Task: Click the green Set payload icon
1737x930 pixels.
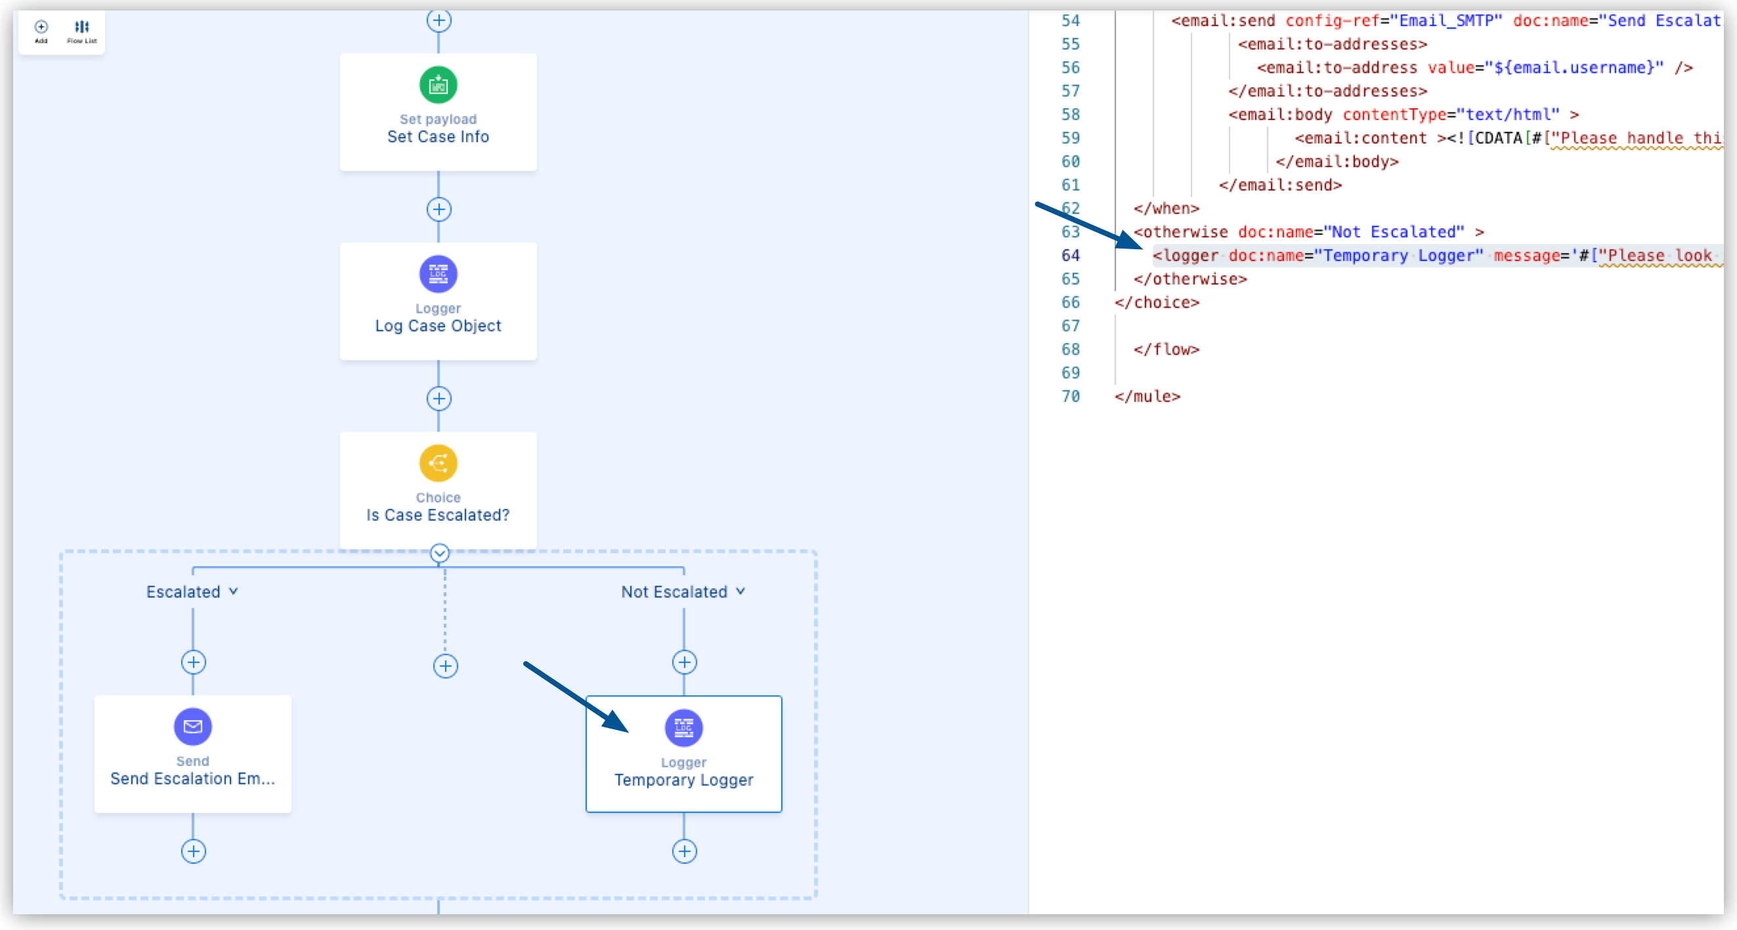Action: [x=439, y=85]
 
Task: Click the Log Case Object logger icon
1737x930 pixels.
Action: [x=439, y=273]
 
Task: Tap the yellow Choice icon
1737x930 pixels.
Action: [x=439, y=463]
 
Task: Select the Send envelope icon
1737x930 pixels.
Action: [x=193, y=727]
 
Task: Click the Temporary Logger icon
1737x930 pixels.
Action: [x=684, y=728]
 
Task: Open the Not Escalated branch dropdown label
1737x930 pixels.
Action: [x=683, y=592]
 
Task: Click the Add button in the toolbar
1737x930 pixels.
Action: [x=41, y=30]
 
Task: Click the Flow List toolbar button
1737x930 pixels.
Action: [x=81, y=30]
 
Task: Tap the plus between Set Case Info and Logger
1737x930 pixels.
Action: [x=439, y=210]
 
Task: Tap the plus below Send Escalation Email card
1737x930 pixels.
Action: [x=194, y=851]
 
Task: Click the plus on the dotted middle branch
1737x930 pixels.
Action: [x=445, y=666]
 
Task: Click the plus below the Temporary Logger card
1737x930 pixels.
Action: [x=685, y=851]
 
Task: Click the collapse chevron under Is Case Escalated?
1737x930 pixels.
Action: [x=440, y=554]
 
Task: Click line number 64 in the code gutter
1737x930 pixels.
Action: [x=1070, y=255]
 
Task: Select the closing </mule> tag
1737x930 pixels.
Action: [x=1147, y=396]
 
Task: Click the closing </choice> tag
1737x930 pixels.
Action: [x=1157, y=302]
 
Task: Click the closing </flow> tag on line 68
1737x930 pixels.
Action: [x=1167, y=349]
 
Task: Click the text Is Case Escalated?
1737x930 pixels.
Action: [x=439, y=515]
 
